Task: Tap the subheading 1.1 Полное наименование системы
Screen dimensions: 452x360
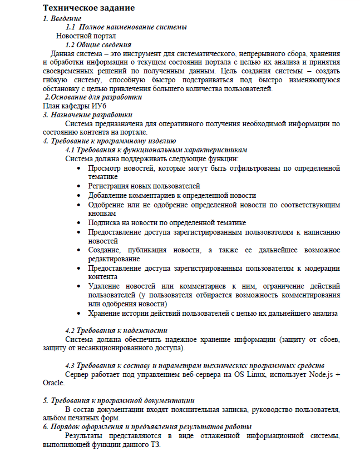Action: coord(126,27)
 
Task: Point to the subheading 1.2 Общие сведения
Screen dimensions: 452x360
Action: coord(98,44)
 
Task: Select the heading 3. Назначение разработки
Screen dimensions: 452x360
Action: coord(88,115)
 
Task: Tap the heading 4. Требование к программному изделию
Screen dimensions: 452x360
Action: coord(109,141)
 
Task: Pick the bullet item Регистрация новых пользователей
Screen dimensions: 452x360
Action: coord(144,186)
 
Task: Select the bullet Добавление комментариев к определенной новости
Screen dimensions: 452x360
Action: coord(171,195)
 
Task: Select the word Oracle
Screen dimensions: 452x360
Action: coord(53,383)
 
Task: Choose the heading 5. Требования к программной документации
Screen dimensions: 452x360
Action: coord(119,400)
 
